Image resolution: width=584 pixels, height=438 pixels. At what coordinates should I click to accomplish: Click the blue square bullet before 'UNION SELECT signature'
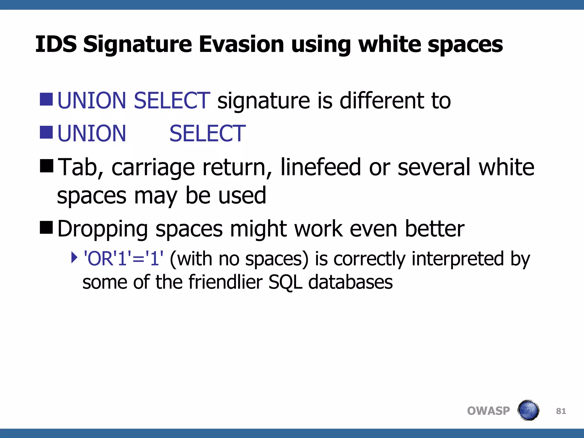coord(46,99)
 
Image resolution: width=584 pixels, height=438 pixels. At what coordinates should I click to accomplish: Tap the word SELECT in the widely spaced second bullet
coord(207,133)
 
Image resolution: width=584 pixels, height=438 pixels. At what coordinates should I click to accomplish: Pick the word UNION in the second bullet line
coord(92,133)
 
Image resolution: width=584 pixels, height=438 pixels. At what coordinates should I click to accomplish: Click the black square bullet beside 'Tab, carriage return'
coord(46,166)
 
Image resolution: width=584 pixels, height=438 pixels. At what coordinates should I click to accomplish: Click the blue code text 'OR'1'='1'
coord(123,259)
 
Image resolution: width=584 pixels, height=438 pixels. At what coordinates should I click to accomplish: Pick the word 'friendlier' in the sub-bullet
coord(225,282)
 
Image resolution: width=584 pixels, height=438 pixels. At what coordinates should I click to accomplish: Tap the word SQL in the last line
coord(285,282)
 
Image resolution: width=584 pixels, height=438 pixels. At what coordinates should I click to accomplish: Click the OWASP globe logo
coord(528,410)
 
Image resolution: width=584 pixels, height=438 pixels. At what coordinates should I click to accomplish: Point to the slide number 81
coord(561,411)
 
